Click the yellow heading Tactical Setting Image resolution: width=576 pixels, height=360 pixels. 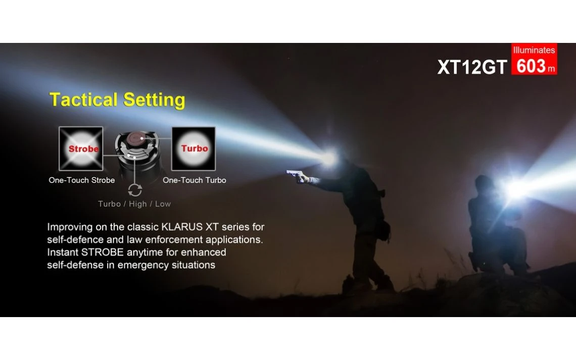point(117,100)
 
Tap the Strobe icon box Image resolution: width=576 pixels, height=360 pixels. point(81,148)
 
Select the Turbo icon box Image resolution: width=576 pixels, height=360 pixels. point(194,148)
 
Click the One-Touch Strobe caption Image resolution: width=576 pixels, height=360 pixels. point(81,180)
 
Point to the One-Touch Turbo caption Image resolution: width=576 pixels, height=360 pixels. point(195,180)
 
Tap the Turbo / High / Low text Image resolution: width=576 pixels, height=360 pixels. point(134,204)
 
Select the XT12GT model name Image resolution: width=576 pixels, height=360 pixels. point(472,67)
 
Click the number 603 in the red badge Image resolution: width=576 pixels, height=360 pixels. point(531,67)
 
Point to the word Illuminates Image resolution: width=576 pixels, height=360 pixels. point(534,50)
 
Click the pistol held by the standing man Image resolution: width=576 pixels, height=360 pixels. point(295,174)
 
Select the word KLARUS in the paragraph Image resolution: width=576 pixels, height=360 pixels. point(182,227)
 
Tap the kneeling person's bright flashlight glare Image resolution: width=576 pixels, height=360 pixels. point(514,188)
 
